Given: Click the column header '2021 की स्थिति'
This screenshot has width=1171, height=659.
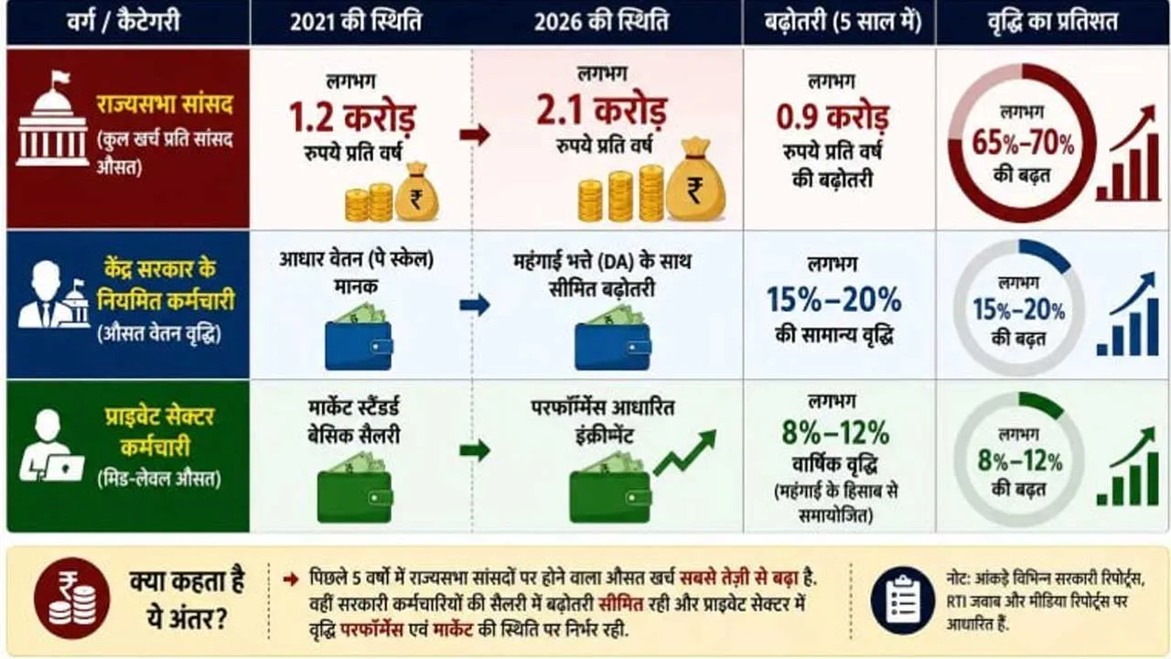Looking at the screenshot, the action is (x=356, y=22).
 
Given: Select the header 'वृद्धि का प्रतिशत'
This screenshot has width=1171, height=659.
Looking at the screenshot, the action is (x=1052, y=22).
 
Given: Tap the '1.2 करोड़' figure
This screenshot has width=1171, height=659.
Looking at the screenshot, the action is (x=352, y=117).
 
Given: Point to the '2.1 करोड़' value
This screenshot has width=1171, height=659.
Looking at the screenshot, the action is (x=601, y=111).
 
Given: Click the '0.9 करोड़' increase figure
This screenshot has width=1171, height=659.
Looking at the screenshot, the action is (x=833, y=117).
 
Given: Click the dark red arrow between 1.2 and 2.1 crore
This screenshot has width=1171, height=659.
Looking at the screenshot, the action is (x=475, y=135).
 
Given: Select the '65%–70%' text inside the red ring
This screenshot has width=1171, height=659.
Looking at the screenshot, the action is (x=1023, y=142).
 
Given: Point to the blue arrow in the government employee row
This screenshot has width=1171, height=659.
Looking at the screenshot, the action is (x=475, y=305).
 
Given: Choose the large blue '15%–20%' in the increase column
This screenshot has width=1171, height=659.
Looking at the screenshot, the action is (x=833, y=299).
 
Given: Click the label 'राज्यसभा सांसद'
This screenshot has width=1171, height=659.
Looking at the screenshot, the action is (x=164, y=104).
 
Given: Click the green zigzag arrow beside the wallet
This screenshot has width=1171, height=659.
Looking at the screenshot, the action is (x=685, y=453).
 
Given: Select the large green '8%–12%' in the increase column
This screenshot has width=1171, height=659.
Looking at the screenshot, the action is (x=835, y=433).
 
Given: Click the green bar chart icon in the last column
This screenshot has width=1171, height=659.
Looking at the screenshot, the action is (x=1127, y=467).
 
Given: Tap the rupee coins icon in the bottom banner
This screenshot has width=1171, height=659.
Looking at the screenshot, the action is (x=72, y=599).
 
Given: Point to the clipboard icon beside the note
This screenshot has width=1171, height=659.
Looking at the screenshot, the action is (x=903, y=600).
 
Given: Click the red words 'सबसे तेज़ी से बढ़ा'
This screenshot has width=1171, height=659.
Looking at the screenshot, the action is (x=738, y=578).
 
